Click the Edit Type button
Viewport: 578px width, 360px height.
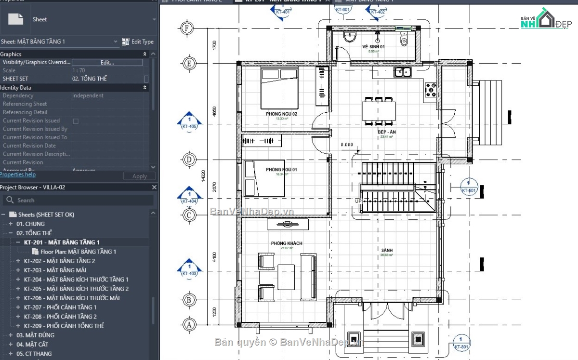pos(138,42)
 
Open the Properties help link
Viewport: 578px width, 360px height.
pos(18,174)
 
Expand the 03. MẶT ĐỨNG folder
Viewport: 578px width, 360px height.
pos(10,335)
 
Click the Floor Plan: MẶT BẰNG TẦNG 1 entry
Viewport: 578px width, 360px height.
pos(78,252)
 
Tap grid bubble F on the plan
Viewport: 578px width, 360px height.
pos(187,28)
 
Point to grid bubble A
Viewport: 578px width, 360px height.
pos(188,325)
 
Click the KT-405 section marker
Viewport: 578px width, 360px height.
pos(189,122)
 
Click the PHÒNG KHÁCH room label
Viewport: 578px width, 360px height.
pos(287,243)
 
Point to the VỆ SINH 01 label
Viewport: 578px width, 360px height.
pos(373,47)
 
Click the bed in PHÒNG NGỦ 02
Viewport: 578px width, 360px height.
pos(279,88)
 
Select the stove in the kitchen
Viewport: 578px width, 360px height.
pos(430,89)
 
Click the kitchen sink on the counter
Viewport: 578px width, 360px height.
pos(402,72)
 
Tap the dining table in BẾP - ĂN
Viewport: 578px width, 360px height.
pos(379,110)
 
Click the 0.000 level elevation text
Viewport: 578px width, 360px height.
pos(346,145)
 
